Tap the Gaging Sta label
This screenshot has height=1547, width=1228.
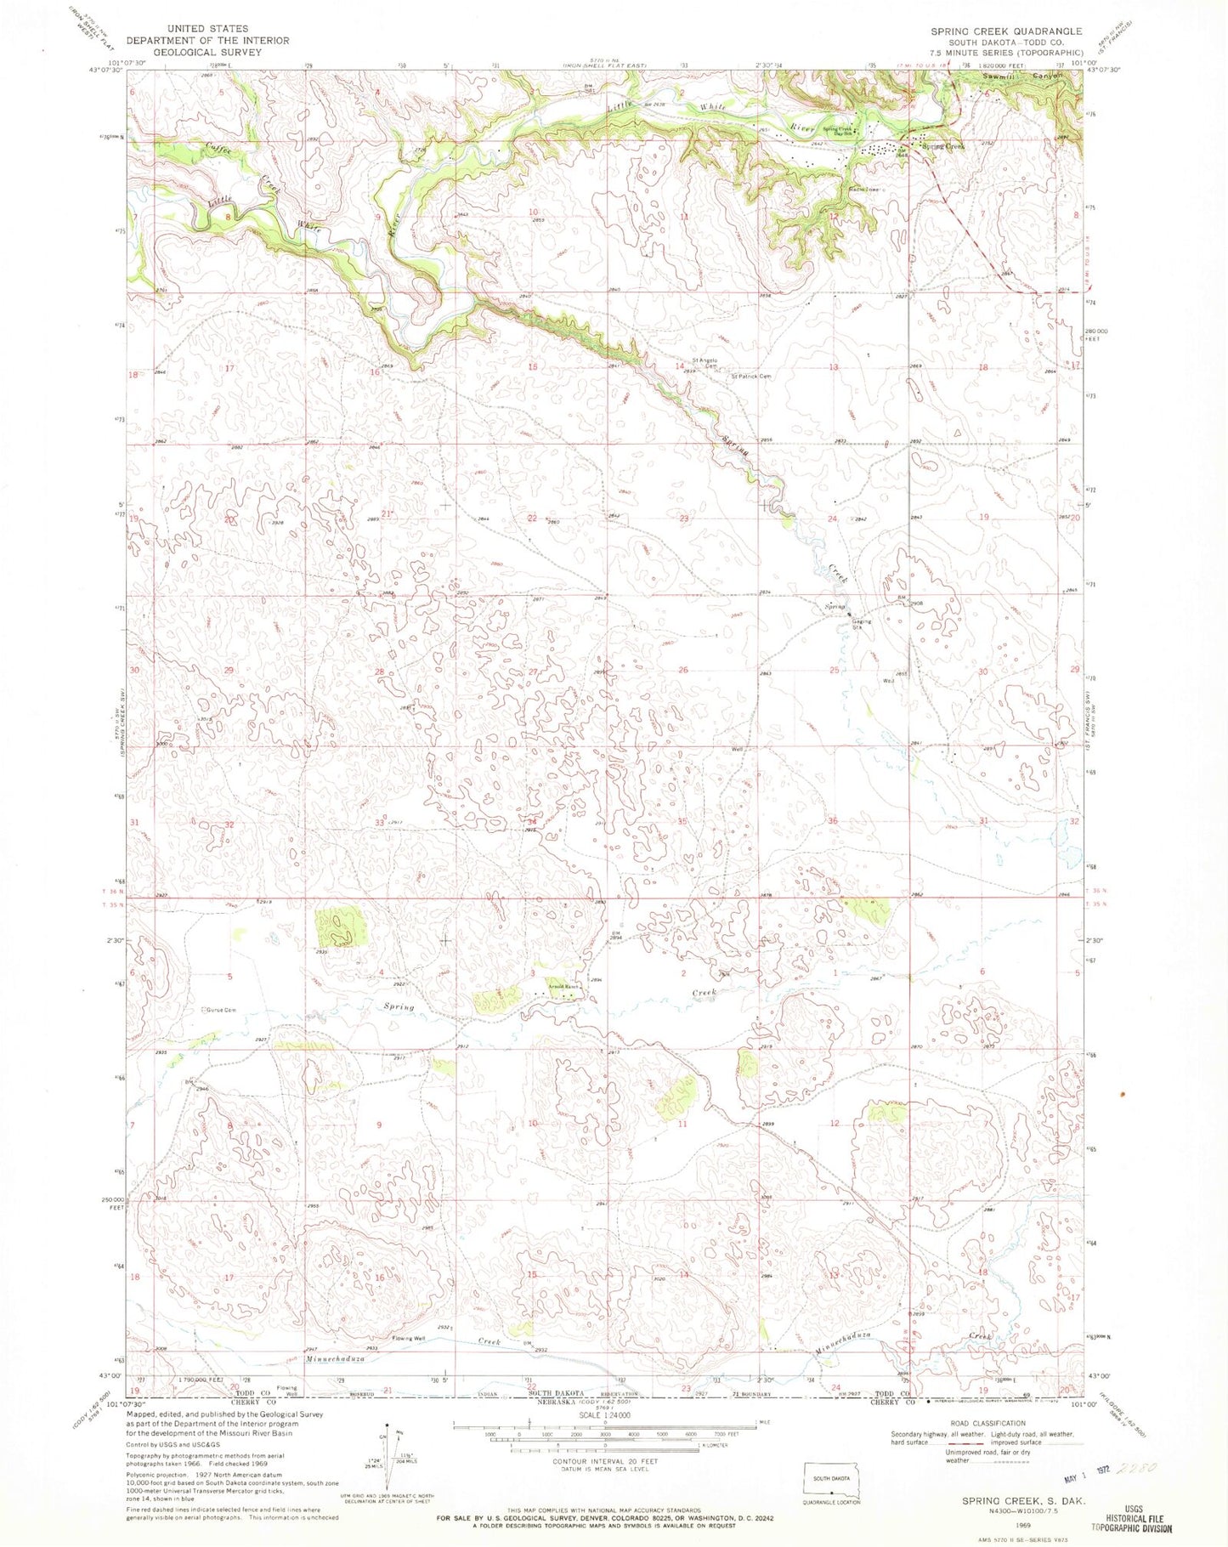[864, 621]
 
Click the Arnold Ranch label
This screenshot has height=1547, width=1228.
[563, 987]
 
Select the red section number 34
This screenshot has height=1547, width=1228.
[532, 822]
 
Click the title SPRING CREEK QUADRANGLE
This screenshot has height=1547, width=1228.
[1006, 31]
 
